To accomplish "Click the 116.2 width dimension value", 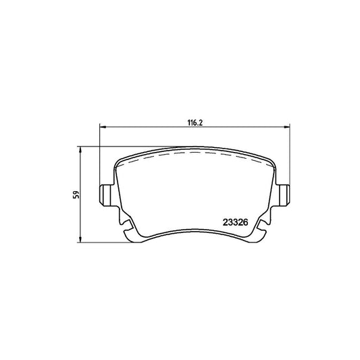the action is tap(195, 123).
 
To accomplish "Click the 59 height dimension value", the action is tap(76, 195).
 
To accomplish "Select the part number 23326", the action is tap(235, 222).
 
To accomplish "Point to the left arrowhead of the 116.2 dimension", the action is tap(103, 126).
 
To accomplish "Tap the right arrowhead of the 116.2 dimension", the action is tap(287, 126).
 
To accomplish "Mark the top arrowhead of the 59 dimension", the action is tap(80, 149).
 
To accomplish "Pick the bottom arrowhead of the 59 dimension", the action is tap(80, 239).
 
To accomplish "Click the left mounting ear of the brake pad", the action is tap(106, 195).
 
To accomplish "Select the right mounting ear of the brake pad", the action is tap(283, 195).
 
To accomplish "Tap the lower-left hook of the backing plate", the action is tap(128, 232).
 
